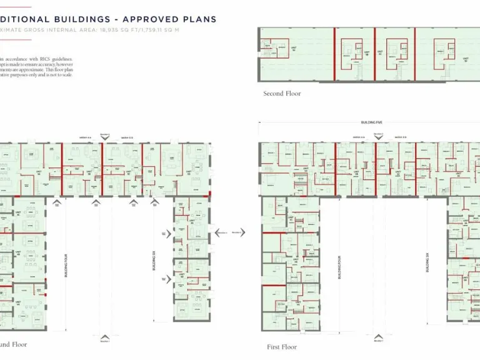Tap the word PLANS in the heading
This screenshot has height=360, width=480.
(x=199, y=19)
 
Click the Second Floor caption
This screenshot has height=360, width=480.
(x=282, y=94)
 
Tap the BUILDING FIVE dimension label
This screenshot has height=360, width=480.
(x=371, y=123)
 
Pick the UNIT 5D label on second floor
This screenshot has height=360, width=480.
(x=466, y=61)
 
